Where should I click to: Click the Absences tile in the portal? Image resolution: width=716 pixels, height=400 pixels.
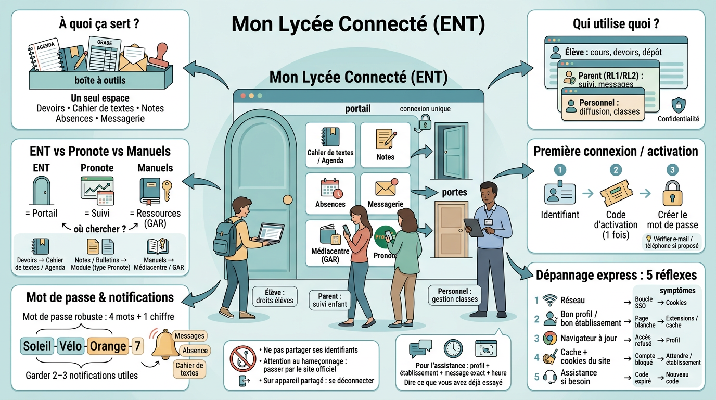330,193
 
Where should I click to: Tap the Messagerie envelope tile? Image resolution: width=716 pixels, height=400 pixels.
385,193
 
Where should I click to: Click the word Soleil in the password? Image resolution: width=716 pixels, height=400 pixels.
37,346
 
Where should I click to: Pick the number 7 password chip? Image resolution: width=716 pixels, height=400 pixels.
137,345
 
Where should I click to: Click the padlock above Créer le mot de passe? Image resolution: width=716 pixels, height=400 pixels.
672,194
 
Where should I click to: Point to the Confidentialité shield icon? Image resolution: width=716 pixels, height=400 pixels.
678,106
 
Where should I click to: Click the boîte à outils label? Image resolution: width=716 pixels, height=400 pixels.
100,80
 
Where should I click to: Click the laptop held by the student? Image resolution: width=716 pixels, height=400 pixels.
271,233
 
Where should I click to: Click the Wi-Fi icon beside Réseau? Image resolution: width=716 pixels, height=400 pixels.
549,301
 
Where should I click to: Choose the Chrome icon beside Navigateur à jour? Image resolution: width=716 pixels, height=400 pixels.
549,339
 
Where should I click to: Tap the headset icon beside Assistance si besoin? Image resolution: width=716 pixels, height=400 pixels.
549,377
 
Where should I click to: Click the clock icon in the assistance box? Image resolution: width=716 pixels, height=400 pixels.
453,348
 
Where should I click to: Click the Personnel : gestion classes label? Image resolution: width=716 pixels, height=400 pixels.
455,296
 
